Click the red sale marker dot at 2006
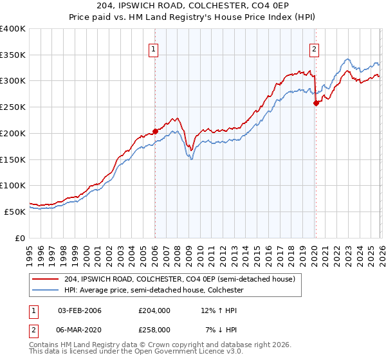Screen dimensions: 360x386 click(x=155, y=131)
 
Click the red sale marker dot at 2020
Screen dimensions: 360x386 click(x=316, y=103)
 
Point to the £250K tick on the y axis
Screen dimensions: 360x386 click(x=13, y=107)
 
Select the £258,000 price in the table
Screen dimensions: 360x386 click(x=154, y=329)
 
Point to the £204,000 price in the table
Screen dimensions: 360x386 click(x=154, y=310)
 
